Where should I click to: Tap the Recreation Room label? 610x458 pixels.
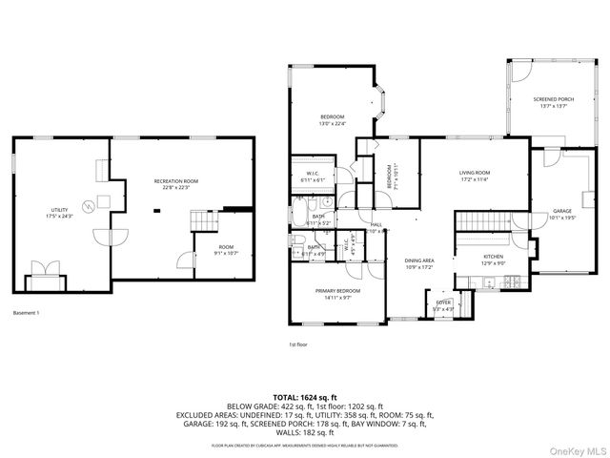coord(177,180)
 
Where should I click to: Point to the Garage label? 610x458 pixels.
coord(562,210)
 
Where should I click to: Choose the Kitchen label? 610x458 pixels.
coord(493,257)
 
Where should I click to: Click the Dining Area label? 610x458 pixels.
coord(419,260)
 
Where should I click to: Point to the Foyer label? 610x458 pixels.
coord(444,302)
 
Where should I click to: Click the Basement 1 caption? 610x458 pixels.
coord(27,313)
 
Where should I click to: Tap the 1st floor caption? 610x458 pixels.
coord(299,343)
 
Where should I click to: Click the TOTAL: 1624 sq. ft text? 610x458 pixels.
coord(305,397)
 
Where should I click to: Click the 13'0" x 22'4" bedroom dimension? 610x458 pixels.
coord(332,123)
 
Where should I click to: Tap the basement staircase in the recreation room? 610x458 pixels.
coord(204,221)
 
